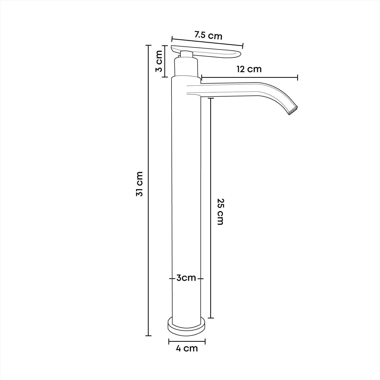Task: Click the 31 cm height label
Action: coord(140,184)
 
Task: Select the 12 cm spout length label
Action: coord(249,69)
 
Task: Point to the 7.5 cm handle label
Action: coord(208,35)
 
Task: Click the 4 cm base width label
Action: coord(187,349)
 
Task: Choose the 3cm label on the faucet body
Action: coord(186,278)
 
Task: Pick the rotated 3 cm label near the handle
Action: coord(159,61)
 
